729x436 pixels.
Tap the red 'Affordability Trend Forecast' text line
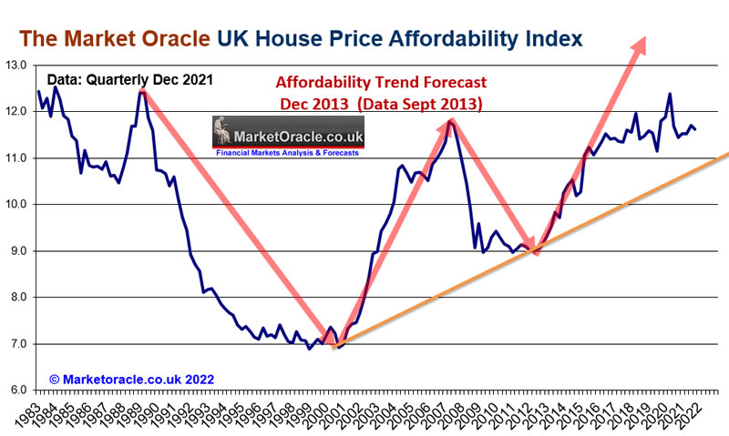(x=381, y=83)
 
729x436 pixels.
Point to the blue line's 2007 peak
(x=449, y=119)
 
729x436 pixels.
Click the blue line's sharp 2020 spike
(x=670, y=93)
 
